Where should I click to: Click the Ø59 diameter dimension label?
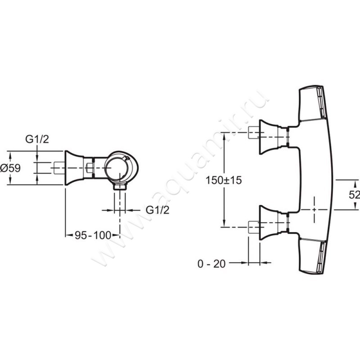(10, 168)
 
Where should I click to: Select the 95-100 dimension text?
(93, 235)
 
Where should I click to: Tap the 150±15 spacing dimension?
(223, 180)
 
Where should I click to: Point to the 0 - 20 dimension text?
(211, 264)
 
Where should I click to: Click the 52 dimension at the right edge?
(354, 195)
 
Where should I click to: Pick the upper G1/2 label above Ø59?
(37, 139)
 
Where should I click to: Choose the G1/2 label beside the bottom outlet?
(157, 210)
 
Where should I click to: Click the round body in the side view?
(121, 167)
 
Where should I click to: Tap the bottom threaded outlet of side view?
(120, 186)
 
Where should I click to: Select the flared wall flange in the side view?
(74, 168)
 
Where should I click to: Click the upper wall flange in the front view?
(268, 137)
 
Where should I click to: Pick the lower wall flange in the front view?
(268, 222)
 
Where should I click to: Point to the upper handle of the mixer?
(311, 103)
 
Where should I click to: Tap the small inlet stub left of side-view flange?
(59, 167)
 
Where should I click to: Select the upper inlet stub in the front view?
(254, 133)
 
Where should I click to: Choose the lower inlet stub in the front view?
(254, 227)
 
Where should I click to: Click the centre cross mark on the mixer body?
(314, 209)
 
